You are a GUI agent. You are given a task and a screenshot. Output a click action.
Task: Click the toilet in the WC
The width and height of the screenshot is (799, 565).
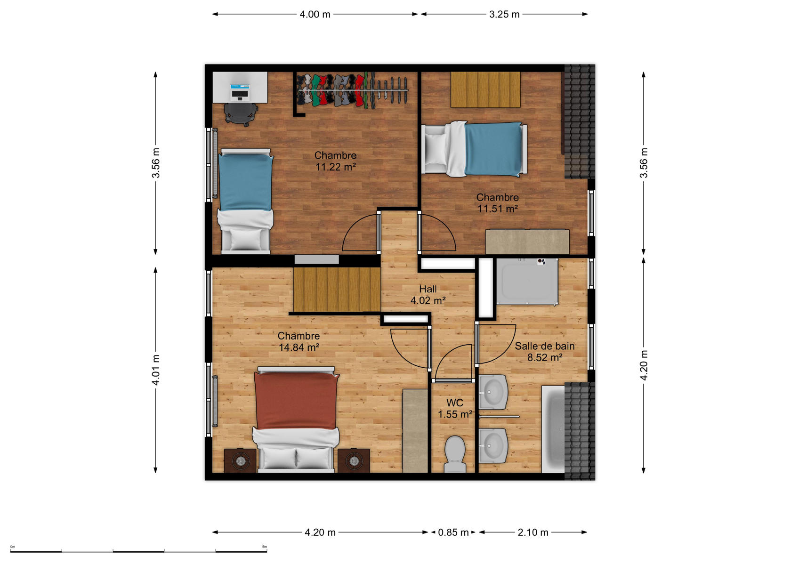[455, 454]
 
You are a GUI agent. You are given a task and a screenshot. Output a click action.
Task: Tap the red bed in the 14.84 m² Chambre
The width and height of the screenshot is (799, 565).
[296, 420]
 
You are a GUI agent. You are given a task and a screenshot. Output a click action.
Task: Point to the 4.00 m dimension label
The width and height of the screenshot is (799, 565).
[315, 15]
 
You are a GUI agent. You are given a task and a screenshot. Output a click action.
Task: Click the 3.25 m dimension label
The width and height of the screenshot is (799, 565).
[504, 15]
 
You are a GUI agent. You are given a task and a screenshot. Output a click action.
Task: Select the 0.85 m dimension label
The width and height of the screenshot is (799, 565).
[453, 533]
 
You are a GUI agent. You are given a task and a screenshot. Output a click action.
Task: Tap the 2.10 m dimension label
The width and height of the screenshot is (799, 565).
[533, 533]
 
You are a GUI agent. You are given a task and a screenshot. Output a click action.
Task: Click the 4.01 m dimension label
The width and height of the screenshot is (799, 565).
[155, 370]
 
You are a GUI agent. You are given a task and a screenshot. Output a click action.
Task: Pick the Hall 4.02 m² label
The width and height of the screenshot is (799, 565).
[428, 295]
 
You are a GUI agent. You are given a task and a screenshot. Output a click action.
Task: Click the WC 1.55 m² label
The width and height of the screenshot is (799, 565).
[455, 408]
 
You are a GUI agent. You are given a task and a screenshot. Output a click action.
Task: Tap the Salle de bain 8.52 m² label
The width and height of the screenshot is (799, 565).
[545, 351]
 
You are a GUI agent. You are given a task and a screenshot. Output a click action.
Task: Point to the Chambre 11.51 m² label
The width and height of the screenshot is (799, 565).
[498, 202]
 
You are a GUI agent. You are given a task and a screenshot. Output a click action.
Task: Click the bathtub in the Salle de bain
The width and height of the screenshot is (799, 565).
[553, 429]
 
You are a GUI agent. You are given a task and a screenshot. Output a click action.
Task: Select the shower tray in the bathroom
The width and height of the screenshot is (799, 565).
[527, 282]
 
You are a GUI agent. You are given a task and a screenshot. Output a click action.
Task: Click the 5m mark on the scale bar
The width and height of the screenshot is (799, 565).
[264, 547]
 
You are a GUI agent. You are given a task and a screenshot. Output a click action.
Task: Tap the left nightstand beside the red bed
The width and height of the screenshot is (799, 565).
[240, 460]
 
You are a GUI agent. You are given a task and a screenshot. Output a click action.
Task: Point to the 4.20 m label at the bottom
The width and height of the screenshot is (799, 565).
[320, 533]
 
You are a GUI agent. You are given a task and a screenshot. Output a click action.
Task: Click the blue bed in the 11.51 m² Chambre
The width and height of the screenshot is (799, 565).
[475, 149]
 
